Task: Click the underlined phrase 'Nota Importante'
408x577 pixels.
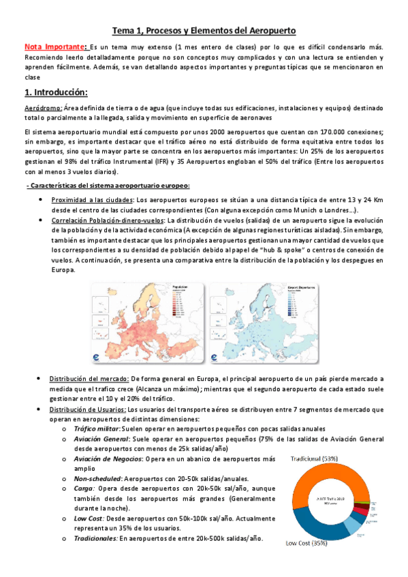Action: click(54, 47)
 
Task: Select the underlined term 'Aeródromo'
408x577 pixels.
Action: click(42, 108)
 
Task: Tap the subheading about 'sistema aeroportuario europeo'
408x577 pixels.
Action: click(107, 186)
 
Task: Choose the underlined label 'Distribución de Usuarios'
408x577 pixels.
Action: click(87, 410)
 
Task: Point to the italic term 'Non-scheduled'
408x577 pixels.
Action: click(97, 478)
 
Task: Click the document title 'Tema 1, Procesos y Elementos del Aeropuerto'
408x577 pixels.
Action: click(204, 31)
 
